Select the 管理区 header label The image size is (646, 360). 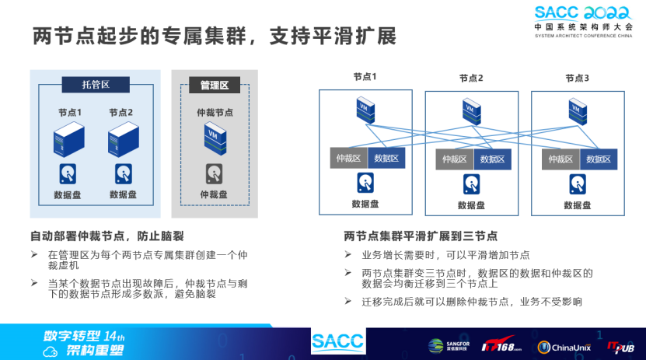click(x=214, y=85)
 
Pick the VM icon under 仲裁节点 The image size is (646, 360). click(x=214, y=137)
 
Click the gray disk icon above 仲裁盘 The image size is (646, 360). click(x=214, y=173)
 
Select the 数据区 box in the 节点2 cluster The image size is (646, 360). click(x=492, y=159)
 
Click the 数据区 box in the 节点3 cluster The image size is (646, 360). click(x=599, y=159)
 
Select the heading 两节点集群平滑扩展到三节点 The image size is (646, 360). click(x=421, y=236)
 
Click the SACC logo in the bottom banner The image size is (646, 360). click(x=338, y=342)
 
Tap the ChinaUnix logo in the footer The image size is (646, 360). click(x=564, y=347)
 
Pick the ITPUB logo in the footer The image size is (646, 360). click(x=621, y=345)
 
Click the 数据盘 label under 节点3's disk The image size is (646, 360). click(x=577, y=205)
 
